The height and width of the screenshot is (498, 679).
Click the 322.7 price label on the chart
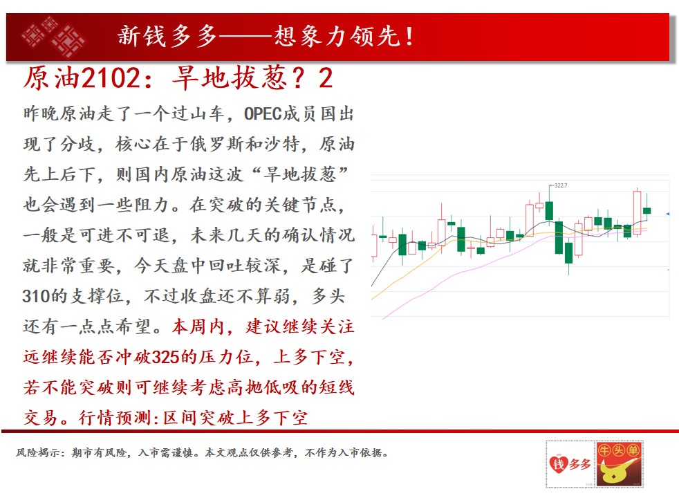(561, 185)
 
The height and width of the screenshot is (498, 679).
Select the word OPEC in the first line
(263, 114)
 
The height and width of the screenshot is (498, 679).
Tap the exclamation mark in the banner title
(409, 36)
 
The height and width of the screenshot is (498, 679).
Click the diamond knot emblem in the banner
(53, 37)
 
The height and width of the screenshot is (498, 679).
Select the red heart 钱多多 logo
(570, 464)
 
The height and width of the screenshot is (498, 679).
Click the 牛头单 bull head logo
(619, 464)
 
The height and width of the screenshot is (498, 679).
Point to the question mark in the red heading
(299, 78)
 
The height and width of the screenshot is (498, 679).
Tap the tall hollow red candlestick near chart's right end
(637, 212)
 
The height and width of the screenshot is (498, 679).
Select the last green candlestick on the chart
(647, 210)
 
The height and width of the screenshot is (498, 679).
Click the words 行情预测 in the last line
(115, 418)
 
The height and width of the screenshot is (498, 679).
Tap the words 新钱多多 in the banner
(167, 36)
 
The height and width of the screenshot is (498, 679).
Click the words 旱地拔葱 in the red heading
(230, 78)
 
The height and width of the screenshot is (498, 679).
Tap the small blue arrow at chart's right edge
(668, 214)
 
